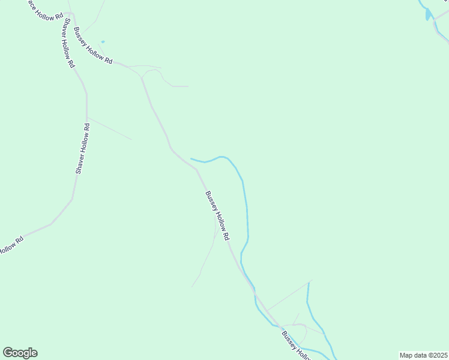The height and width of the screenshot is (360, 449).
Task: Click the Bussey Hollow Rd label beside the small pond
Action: [x=93, y=46]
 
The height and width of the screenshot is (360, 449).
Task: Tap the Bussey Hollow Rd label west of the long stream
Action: [x=217, y=216]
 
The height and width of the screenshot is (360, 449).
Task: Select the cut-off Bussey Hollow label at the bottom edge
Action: [x=296, y=346]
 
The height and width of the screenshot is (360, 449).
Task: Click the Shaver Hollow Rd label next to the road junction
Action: [x=68, y=41]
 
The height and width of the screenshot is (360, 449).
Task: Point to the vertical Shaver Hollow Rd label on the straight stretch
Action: [x=82, y=149]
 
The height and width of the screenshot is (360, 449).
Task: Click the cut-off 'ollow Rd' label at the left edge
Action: [x=11, y=245]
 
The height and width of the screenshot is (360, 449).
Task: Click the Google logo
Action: [x=20, y=353]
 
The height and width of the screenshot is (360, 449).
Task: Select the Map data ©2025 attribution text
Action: [x=423, y=355]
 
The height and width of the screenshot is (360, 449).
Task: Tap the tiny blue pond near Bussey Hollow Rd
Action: [x=103, y=41]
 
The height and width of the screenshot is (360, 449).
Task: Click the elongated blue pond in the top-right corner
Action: [x=427, y=14]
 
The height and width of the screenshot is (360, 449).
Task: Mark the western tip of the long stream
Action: [x=191, y=159]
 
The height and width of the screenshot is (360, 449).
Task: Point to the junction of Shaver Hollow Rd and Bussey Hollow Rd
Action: [x=71, y=13]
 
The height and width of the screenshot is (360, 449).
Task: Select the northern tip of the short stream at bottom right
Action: [x=309, y=283]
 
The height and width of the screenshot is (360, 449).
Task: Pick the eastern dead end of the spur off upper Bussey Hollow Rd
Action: [x=188, y=86]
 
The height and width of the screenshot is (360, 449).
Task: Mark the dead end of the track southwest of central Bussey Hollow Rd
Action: [x=192, y=286]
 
